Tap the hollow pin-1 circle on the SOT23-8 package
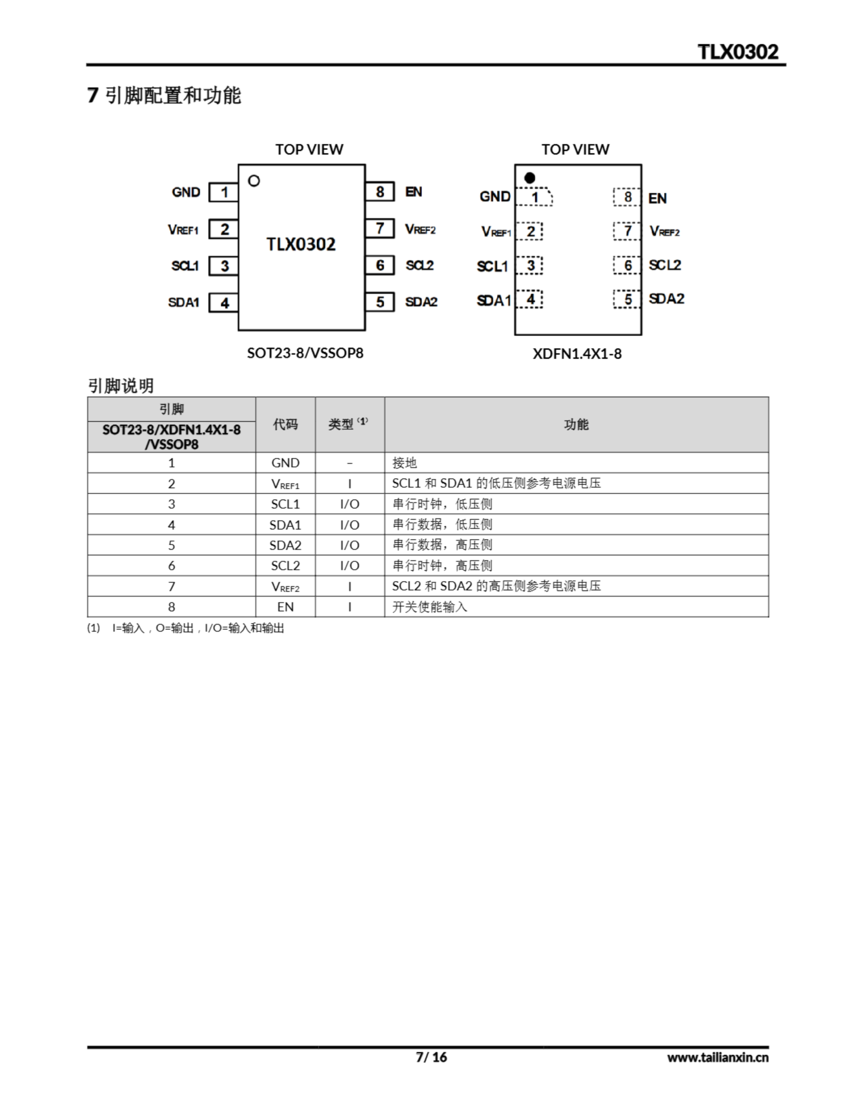pyautogui.click(x=254, y=180)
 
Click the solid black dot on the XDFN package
pyautogui.click(x=529, y=178)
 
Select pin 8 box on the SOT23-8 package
pyautogui.click(x=380, y=192)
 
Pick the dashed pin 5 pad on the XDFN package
pyautogui.click(x=627, y=299)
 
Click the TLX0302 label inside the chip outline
pyautogui.click(x=301, y=245)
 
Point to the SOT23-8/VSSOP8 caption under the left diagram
pyautogui.click(x=305, y=353)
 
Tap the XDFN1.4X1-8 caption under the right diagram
pyautogui.click(x=577, y=354)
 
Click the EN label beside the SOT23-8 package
pyautogui.click(x=414, y=192)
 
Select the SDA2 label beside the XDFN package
pyautogui.click(x=666, y=299)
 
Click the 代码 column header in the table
pyautogui.click(x=285, y=424)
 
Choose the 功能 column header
pyautogui.click(x=576, y=424)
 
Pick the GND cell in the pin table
pyautogui.click(x=285, y=463)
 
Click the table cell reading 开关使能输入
pyautogui.click(x=429, y=607)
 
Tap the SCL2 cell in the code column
pyautogui.click(x=285, y=566)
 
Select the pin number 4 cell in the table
pyautogui.click(x=171, y=525)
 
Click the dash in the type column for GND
pyautogui.click(x=350, y=463)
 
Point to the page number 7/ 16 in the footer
pyautogui.click(x=431, y=1057)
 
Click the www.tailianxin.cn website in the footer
pyautogui.click(x=718, y=1057)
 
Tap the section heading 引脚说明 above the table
pyautogui.click(x=121, y=386)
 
